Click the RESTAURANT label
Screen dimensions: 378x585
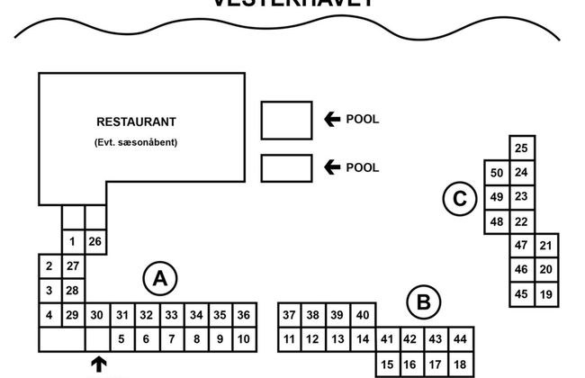tap(136, 121)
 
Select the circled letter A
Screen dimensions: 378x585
tap(160, 279)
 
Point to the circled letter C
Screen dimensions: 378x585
tap(460, 199)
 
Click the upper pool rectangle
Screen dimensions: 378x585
tap(286, 120)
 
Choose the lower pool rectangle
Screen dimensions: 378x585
tap(286, 168)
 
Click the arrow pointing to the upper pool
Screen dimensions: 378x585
tap(332, 118)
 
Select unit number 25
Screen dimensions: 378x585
tap(521, 148)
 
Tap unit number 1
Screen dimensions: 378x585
tap(73, 241)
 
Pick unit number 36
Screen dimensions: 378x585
tap(243, 314)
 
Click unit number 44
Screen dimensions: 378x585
tap(460, 338)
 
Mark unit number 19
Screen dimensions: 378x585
tap(546, 293)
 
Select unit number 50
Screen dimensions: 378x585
tap(497, 172)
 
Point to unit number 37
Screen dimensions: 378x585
tap(289, 314)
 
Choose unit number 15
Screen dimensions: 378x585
tap(387, 364)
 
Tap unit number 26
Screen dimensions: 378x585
tap(96, 241)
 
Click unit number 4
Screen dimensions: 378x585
tap(49, 314)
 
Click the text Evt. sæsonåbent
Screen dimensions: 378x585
tap(135, 142)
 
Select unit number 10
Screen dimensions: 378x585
tap(243, 338)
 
